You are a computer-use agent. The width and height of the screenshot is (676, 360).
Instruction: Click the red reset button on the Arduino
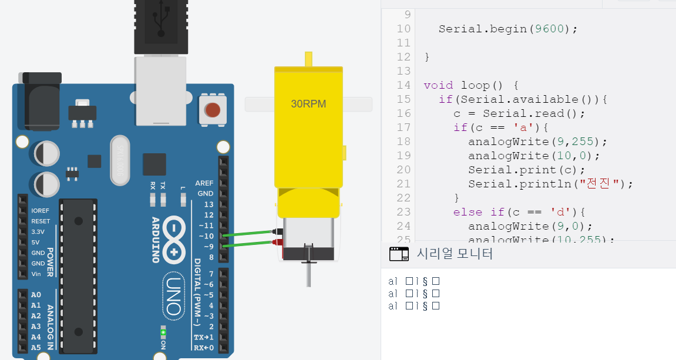213,110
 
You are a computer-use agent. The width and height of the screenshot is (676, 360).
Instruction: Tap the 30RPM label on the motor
308,104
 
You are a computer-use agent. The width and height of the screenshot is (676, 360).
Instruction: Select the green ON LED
163,333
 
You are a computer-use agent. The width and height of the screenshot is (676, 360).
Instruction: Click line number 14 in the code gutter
403,85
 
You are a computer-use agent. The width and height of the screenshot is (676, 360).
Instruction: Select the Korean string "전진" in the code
600,184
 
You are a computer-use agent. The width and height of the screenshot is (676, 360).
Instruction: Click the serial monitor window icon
399,254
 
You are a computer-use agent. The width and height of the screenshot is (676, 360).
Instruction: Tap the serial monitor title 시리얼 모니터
455,254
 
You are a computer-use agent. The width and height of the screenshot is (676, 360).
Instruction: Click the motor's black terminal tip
277,232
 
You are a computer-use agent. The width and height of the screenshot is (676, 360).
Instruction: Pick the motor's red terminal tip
277,242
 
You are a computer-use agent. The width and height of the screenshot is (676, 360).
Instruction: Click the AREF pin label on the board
204,183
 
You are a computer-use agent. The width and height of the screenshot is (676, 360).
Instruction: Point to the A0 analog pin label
36,295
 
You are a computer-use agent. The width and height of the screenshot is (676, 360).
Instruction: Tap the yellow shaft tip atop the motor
308,59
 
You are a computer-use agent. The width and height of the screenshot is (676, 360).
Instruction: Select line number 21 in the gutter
403,184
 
